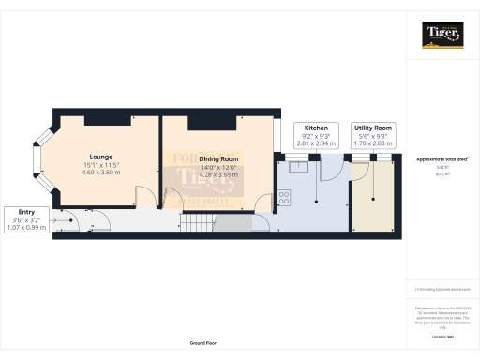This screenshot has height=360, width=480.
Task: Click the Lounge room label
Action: pyautogui.click(x=102, y=157)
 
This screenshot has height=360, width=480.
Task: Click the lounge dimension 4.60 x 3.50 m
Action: pyautogui.click(x=102, y=173)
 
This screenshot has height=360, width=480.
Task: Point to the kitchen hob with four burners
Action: pyautogui.click(x=283, y=199)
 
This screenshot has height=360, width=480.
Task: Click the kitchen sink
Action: pyautogui.click(x=298, y=168)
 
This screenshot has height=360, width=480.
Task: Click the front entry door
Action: pyautogui.click(x=62, y=221)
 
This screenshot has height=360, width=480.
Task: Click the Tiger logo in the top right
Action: pyautogui.click(x=442, y=37)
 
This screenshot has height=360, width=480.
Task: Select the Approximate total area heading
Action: pyautogui.click(x=442, y=160)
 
